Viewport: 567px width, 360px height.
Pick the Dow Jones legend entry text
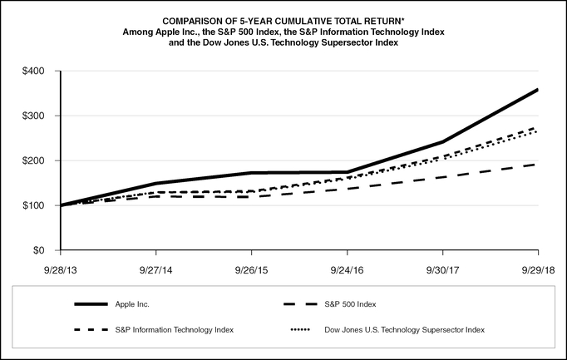[x=404, y=330]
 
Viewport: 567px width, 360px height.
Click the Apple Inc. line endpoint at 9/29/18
[x=538, y=90]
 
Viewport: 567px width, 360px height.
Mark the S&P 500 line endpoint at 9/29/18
[x=538, y=164]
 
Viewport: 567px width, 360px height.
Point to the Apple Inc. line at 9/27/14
[x=156, y=183]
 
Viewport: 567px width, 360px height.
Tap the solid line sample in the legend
[x=91, y=304]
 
